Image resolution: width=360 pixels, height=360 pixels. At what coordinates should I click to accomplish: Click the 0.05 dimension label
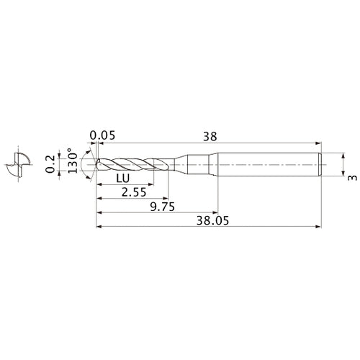[103, 135]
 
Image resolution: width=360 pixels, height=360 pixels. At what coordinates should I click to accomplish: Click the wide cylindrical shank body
[266, 165]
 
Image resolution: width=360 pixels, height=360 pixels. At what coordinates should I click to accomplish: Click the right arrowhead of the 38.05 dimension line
[317, 227]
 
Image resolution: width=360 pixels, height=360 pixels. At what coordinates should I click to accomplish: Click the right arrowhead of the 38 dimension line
[317, 142]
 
